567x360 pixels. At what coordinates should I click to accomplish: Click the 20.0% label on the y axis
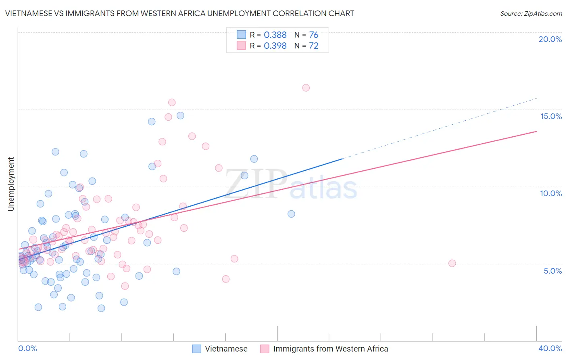550,39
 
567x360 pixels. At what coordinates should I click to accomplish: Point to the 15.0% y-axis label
551,116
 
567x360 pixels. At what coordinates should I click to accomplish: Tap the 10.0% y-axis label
551,193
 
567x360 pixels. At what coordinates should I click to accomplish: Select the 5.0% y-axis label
552,271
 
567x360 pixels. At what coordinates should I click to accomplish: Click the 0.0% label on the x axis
27,348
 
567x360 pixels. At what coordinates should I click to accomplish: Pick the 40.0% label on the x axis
550,348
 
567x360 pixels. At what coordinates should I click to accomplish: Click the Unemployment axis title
11,184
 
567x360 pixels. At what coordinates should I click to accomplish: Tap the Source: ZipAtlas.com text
531,13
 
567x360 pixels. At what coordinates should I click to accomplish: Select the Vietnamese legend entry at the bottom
220,349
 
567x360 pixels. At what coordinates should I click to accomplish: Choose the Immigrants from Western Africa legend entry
324,349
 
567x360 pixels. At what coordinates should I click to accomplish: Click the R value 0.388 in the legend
275,35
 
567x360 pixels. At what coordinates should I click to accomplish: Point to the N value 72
314,46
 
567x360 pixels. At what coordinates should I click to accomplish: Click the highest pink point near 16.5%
306,88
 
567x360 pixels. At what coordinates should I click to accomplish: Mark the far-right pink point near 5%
452,263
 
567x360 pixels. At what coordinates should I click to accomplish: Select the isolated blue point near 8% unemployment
291,214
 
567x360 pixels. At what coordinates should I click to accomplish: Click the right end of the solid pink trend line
536,131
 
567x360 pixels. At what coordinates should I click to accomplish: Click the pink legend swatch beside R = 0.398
241,46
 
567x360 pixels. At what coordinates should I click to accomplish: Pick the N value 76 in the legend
314,35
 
